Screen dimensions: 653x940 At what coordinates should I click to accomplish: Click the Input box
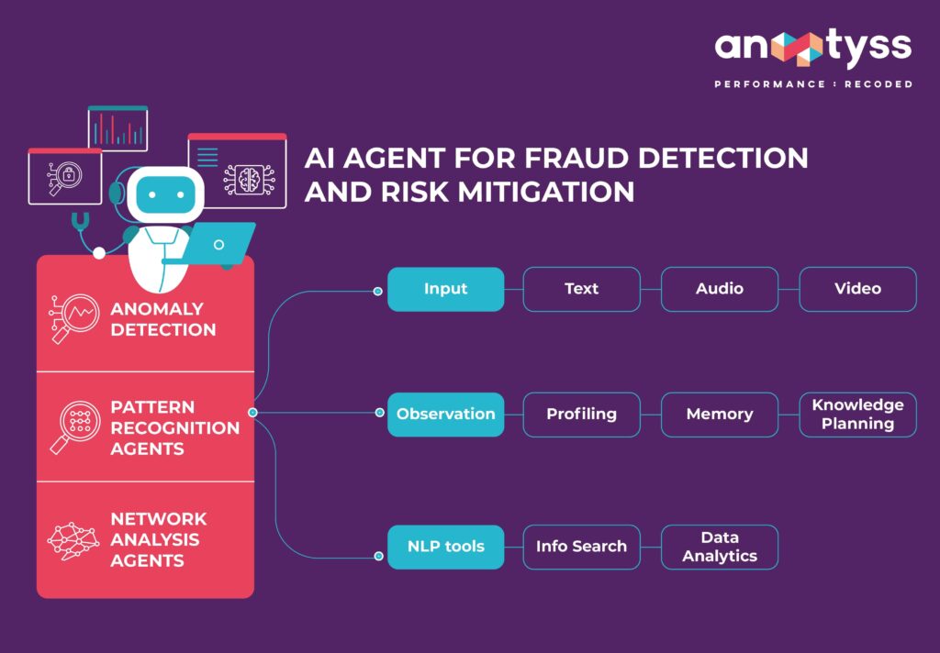coord(445,289)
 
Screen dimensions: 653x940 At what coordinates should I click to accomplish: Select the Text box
coord(581,289)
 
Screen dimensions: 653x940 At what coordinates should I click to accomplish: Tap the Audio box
coord(719,289)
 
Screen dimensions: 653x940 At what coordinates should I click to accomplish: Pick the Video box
coord(857,289)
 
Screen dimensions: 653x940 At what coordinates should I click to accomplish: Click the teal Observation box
coord(445,415)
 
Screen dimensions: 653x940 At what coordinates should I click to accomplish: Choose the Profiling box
coord(581,415)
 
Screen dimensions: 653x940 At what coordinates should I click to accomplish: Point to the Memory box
coord(719,415)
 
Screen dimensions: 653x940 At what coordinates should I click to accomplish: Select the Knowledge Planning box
coord(857,415)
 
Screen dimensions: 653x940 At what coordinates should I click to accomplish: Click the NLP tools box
coord(445,547)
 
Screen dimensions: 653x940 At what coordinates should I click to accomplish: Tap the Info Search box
coord(581,547)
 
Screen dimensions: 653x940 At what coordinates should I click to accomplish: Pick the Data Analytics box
coord(719,547)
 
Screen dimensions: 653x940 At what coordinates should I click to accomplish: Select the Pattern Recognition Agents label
coord(174,427)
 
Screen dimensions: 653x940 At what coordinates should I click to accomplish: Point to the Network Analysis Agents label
coord(159,539)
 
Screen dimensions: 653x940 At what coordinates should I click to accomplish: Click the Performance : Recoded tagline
coord(813,84)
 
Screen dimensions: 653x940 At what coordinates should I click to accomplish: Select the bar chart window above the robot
coord(117,128)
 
